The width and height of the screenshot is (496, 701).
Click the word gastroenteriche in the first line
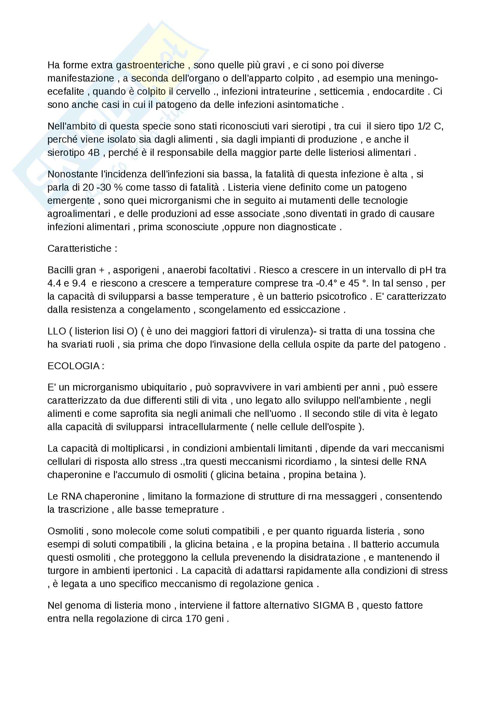tap(150, 65)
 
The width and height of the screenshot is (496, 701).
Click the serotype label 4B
tap(94, 153)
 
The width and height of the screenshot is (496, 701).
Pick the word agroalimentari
tap(79, 214)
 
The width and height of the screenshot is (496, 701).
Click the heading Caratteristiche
tap(80, 248)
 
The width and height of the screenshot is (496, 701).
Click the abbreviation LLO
tap(57, 331)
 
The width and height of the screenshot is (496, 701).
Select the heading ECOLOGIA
tap(74, 366)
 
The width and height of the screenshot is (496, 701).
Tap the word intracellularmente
tap(208, 427)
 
